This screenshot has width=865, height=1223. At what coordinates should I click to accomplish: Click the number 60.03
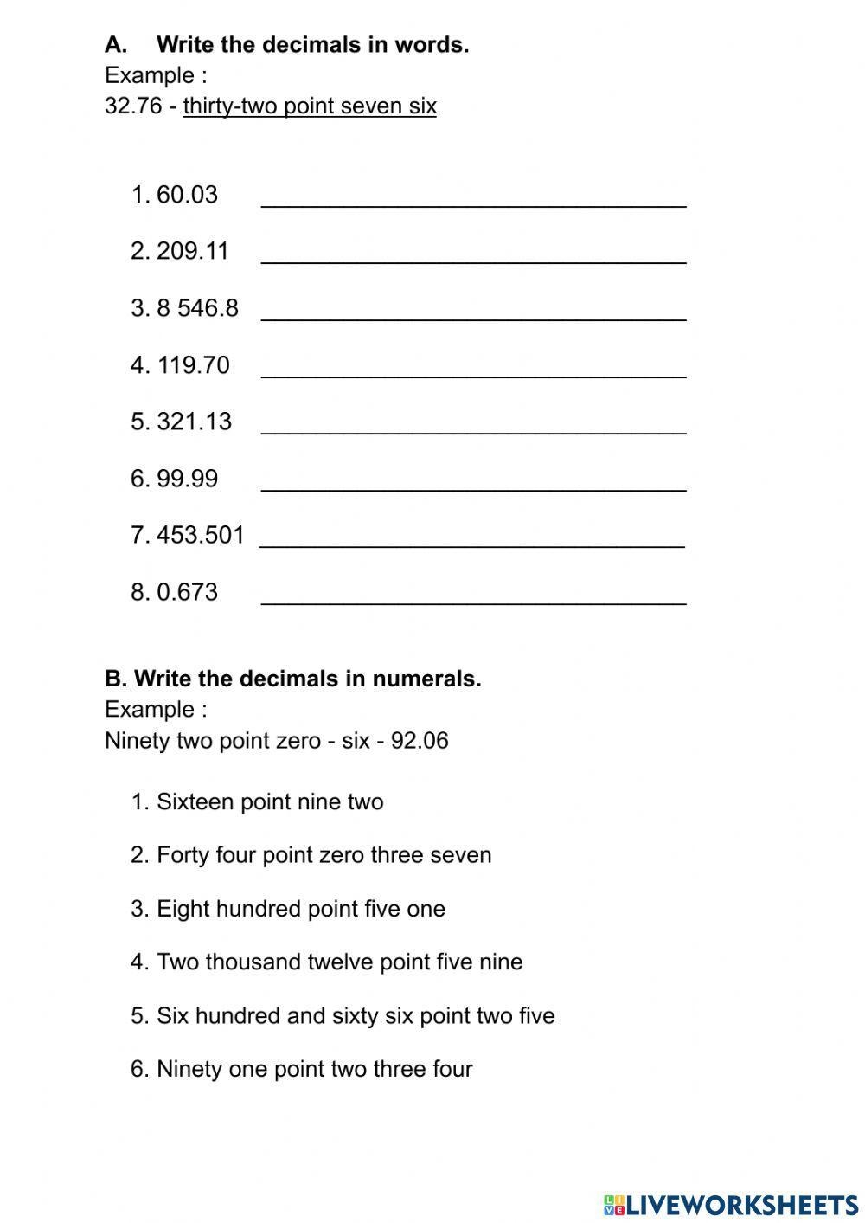[187, 195]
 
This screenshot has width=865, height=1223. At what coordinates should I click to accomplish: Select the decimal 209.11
[193, 251]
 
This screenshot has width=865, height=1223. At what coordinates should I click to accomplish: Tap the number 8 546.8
[197, 308]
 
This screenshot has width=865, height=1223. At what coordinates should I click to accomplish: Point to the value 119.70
[194, 365]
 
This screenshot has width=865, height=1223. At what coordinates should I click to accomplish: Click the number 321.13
[195, 422]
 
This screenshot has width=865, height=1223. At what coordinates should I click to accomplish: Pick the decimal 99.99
[187, 479]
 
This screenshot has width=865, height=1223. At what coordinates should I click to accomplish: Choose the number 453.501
[201, 535]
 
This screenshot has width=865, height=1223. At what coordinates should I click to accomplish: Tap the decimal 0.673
[187, 592]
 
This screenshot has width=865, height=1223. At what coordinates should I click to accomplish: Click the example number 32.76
[133, 106]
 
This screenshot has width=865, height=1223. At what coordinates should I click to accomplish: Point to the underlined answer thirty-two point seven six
[310, 106]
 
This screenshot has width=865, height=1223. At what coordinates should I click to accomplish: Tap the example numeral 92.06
[420, 741]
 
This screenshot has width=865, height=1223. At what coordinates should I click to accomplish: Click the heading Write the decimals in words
[312, 45]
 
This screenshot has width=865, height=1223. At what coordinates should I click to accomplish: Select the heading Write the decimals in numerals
[307, 679]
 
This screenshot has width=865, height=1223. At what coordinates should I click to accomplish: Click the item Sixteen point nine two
[269, 802]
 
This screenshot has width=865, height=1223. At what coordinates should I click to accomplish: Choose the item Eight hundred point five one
[300, 909]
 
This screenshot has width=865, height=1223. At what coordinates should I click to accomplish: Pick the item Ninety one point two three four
[314, 1069]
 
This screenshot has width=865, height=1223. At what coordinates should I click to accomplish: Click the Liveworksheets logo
[731, 1204]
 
